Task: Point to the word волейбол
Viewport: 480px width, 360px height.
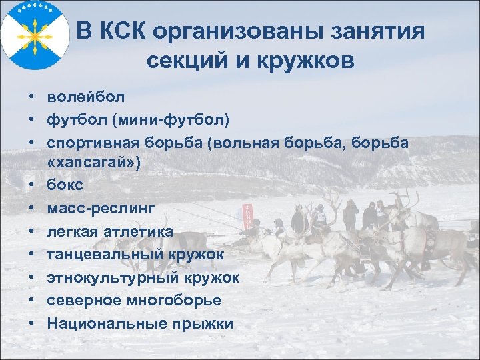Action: (x=86, y=97)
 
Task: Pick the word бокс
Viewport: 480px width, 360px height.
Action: (x=65, y=186)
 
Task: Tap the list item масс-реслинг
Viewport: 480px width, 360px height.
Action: (x=100, y=209)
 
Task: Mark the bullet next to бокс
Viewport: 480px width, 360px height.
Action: (x=32, y=186)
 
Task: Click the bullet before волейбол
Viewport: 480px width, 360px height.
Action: (x=32, y=97)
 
